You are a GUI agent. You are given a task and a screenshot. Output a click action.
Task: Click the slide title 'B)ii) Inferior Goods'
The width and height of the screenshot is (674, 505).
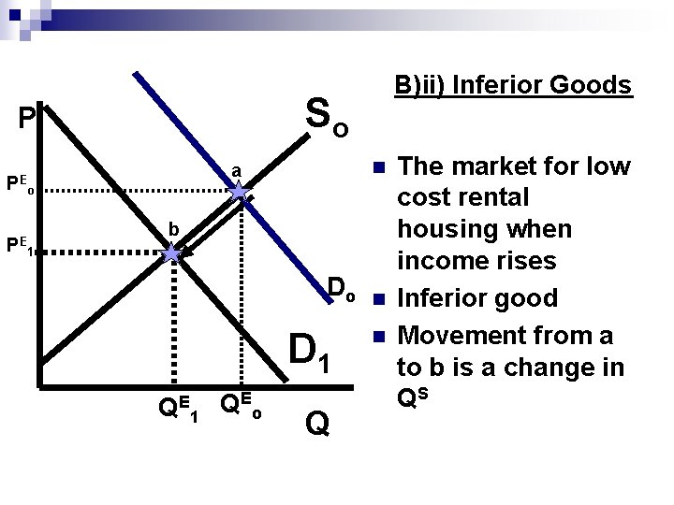pyautogui.click(x=513, y=86)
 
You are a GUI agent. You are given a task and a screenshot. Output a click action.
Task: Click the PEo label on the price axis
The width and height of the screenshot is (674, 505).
pyautogui.click(x=21, y=183)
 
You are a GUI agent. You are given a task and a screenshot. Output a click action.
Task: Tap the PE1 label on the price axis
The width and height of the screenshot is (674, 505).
pyautogui.click(x=21, y=246)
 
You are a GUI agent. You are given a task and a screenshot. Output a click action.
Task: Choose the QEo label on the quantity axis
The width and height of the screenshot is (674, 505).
pyautogui.click(x=239, y=406)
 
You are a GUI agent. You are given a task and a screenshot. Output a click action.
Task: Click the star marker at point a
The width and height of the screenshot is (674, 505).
pyautogui.click(x=241, y=194)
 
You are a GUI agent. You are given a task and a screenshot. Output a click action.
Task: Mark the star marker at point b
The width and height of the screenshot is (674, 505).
pyautogui.click(x=172, y=254)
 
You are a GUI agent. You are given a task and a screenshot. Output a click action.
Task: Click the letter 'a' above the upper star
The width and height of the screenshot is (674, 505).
pyautogui.click(x=237, y=171)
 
